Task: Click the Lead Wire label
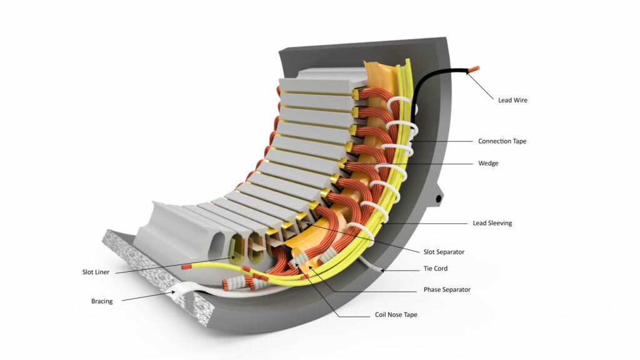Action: click(x=512, y=100)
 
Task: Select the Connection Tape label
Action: click(x=502, y=141)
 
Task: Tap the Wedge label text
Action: click(x=488, y=164)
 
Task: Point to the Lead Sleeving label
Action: click(x=493, y=223)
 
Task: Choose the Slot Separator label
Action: click(x=444, y=252)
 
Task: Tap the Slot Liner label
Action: click(x=97, y=272)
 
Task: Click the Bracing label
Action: click(x=102, y=301)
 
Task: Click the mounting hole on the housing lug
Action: click(x=439, y=199)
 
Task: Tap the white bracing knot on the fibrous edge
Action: click(x=181, y=289)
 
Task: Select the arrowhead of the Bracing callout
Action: click(x=176, y=291)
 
